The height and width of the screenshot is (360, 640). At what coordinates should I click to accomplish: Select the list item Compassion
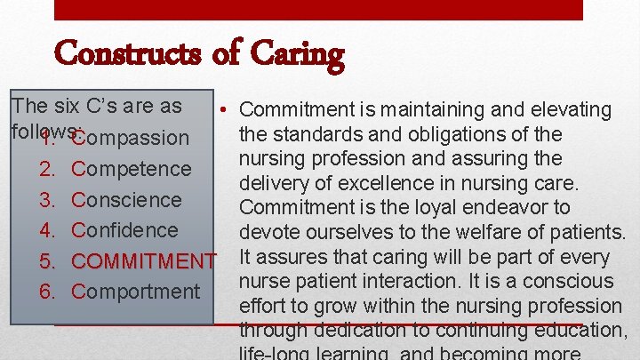coord(131,138)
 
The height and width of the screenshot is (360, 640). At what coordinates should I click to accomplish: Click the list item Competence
coord(132,169)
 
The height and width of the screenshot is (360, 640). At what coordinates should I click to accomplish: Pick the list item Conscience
coord(126,199)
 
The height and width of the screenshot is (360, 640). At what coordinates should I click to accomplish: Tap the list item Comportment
coord(136,292)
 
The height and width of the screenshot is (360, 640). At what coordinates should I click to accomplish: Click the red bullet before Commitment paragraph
coord(227,110)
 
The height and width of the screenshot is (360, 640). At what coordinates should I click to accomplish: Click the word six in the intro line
coord(60,106)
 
